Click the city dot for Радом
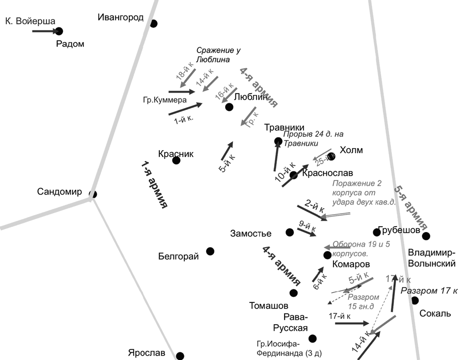click(x=59, y=31)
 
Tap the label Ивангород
click(x=121, y=18)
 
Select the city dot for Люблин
click(x=229, y=107)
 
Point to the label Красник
click(x=176, y=154)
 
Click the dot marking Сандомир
click(x=93, y=194)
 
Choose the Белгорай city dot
click(x=210, y=251)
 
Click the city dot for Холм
click(x=331, y=156)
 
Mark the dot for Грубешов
click(x=377, y=232)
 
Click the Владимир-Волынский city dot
click(x=426, y=236)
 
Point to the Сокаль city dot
click(x=415, y=300)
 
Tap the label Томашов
click(x=269, y=306)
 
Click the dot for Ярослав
click(x=180, y=356)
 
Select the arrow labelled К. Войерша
click(x=45, y=31)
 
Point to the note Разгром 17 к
click(x=429, y=291)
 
